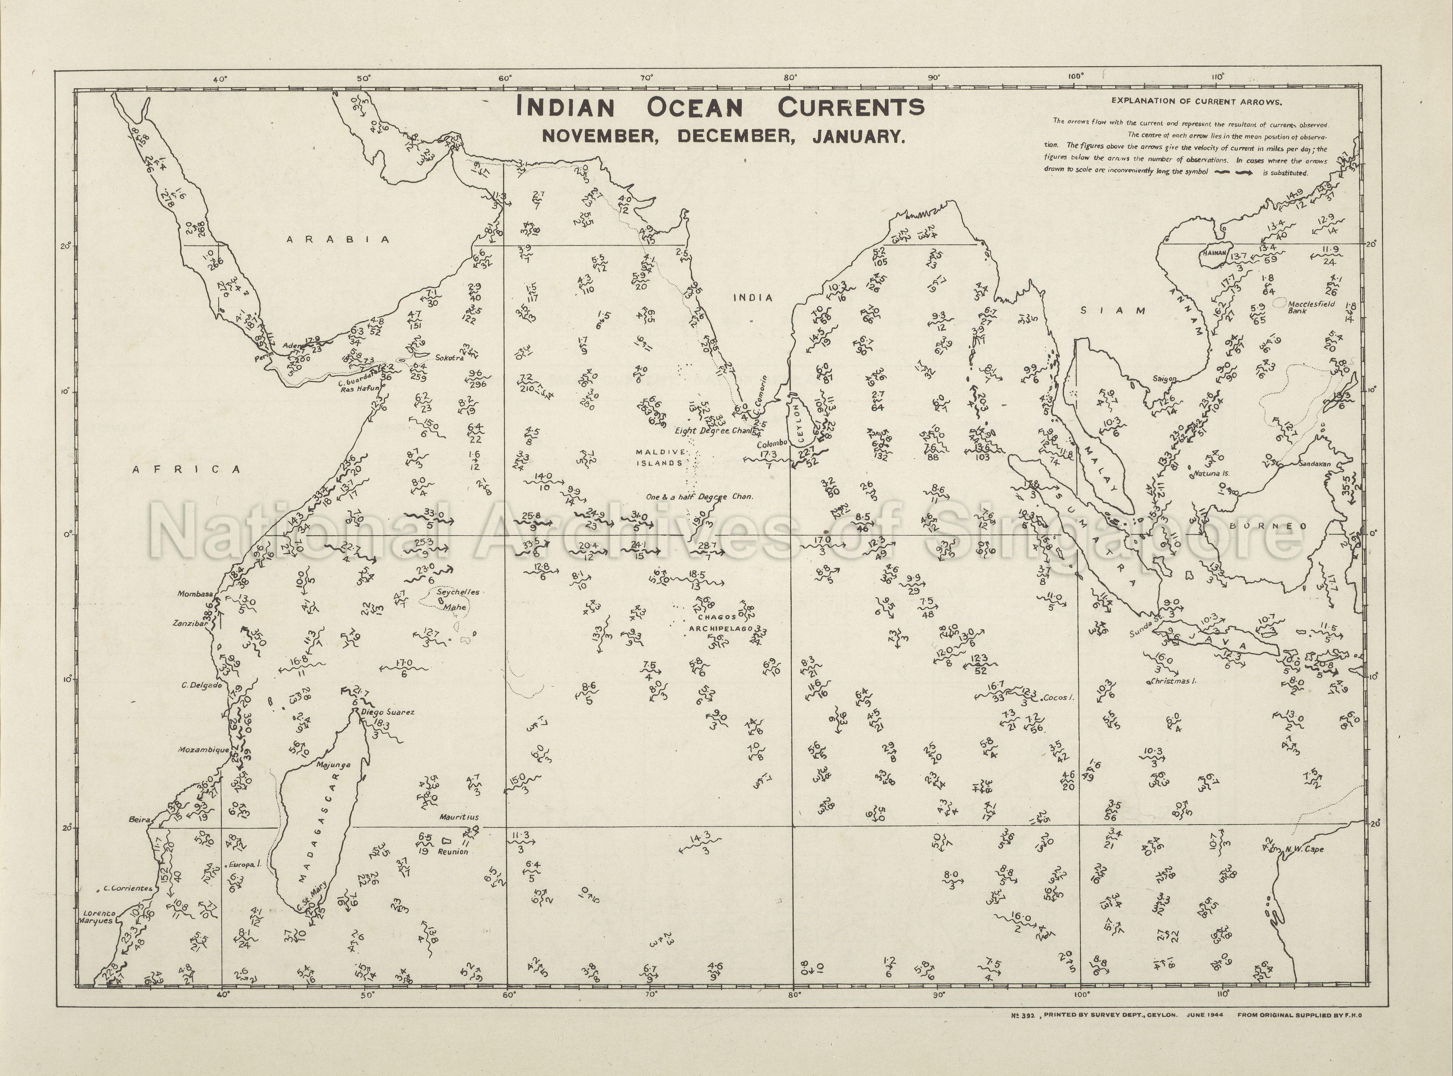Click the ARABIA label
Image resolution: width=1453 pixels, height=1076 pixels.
coord(339,240)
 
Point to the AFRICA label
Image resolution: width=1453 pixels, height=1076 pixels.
coord(187,469)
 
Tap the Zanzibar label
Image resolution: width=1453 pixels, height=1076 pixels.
coord(189,623)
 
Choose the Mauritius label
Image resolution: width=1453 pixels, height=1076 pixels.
coord(458,817)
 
